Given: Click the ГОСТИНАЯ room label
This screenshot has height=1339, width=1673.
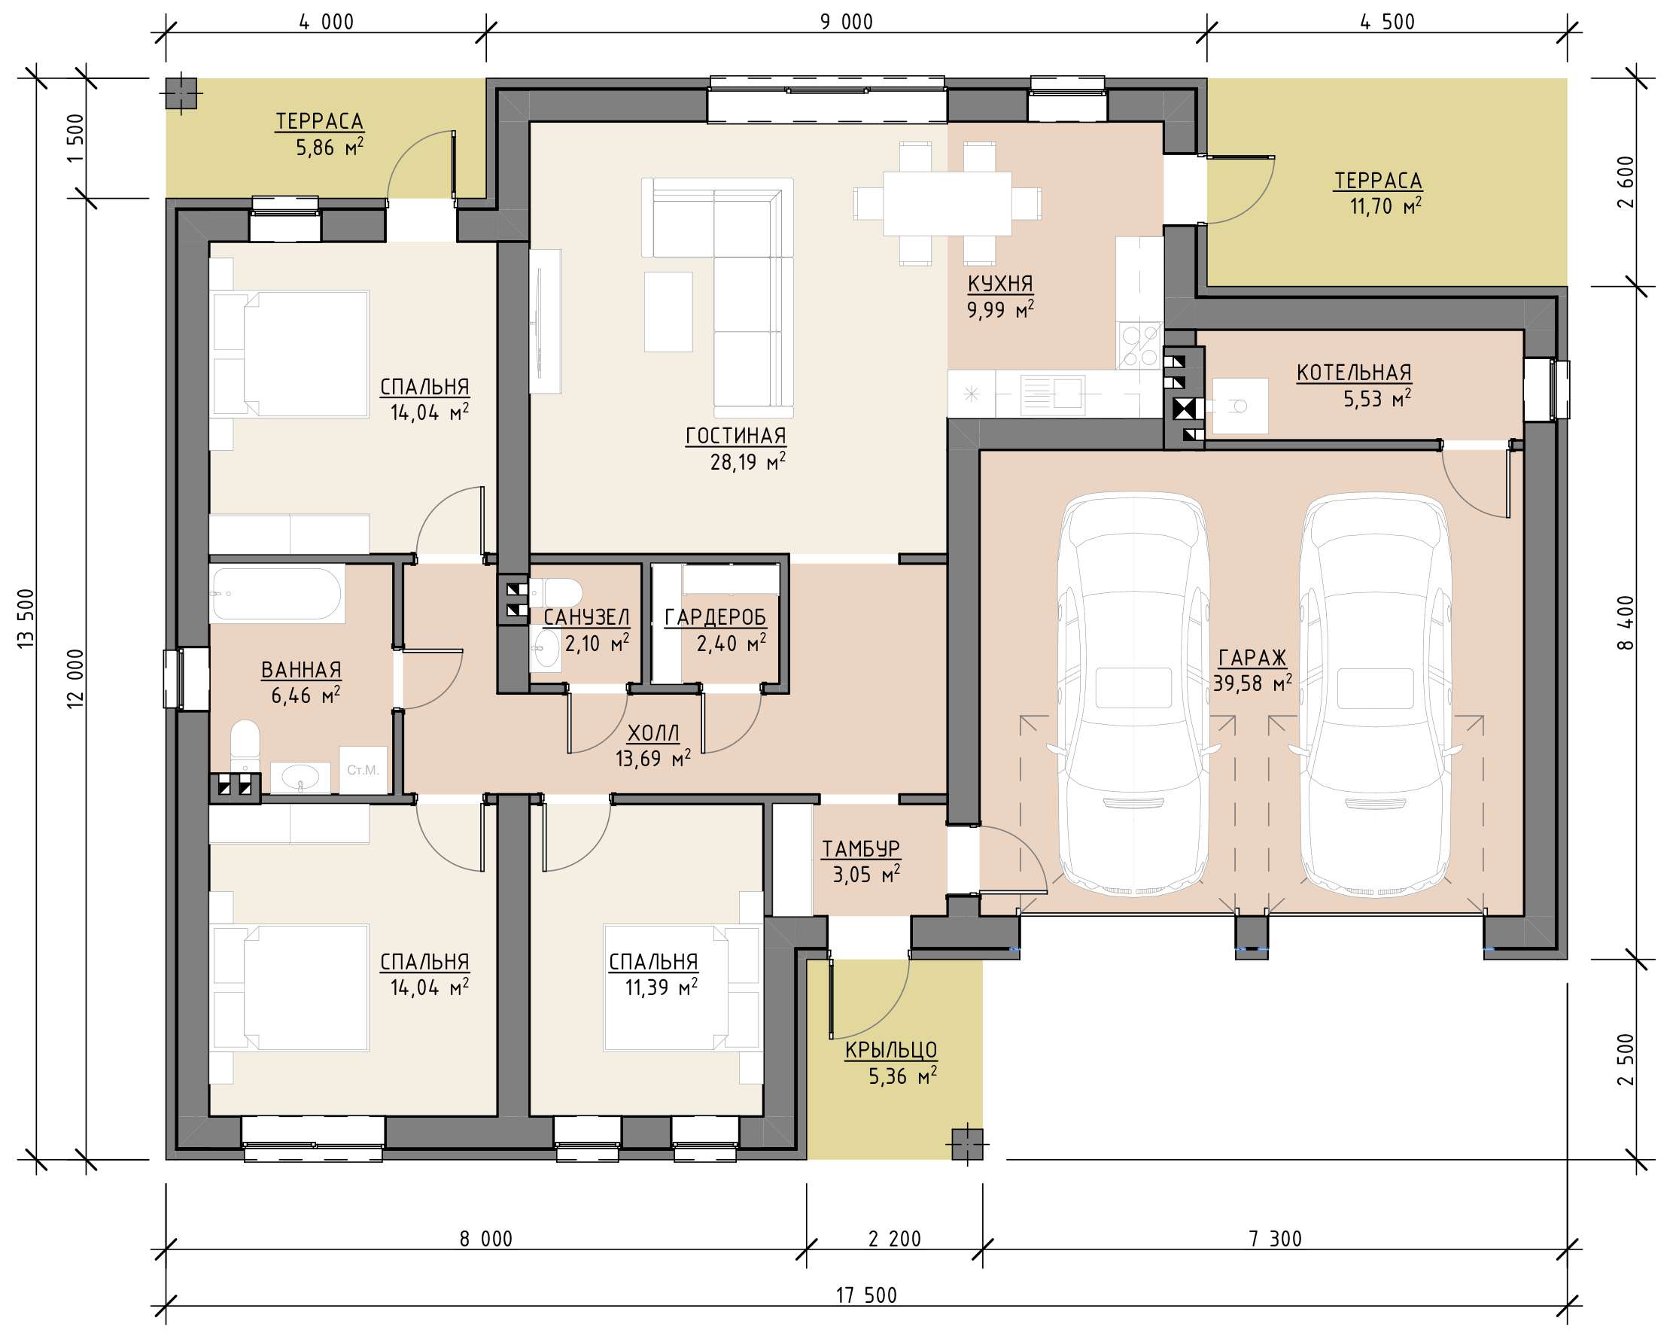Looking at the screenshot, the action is [x=735, y=437].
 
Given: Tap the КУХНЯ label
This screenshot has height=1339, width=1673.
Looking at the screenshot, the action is [x=1000, y=284].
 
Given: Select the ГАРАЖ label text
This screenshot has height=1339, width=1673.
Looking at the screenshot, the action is [x=1252, y=659].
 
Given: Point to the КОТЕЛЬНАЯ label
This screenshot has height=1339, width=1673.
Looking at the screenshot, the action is [x=1354, y=373].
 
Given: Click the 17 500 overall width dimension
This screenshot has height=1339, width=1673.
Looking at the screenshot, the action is [x=866, y=1295].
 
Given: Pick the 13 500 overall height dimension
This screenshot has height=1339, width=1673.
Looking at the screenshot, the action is [x=26, y=619].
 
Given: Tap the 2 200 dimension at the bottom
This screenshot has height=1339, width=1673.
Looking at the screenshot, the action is [x=895, y=1238].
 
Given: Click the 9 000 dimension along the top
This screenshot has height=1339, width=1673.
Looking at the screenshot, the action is [x=847, y=22].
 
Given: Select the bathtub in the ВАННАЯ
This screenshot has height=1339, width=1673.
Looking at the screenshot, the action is [x=277, y=595].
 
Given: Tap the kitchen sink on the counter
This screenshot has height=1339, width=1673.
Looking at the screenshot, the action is [x=1052, y=394].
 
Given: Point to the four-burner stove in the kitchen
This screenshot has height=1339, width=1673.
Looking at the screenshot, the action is [x=1139, y=345].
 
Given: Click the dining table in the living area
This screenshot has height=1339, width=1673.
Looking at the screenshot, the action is [x=947, y=203].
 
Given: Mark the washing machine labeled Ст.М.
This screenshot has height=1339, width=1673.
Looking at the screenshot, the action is [x=363, y=770].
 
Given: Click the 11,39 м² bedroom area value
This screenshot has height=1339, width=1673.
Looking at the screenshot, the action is [x=661, y=988].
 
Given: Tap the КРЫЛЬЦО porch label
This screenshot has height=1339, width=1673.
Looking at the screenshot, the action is [x=891, y=1050].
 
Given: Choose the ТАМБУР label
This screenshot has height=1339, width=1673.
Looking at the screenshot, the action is [x=861, y=849].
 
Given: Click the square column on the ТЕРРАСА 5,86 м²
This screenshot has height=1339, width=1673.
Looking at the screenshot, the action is [x=181, y=94].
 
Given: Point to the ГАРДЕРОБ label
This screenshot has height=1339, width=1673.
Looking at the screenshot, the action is [x=716, y=618].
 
